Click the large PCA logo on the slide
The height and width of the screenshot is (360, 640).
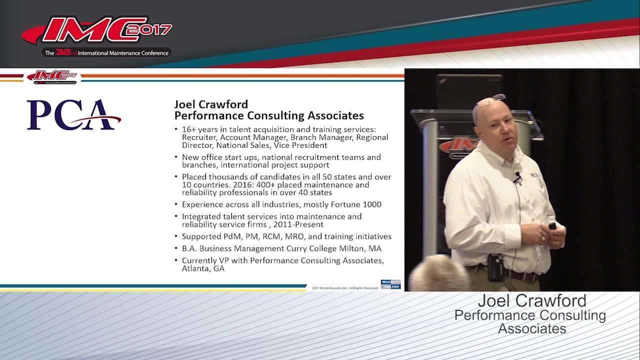[x=74, y=115]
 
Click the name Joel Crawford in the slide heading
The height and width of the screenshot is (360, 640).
[x=211, y=104]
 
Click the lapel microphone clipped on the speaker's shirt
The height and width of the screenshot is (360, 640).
[x=517, y=176]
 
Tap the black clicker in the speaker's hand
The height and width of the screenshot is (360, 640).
[x=552, y=226]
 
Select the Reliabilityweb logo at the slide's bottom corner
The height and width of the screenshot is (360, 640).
[x=390, y=284]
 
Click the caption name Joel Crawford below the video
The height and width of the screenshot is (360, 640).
[x=532, y=300]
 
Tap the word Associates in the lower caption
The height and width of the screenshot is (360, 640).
[x=532, y=328]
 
